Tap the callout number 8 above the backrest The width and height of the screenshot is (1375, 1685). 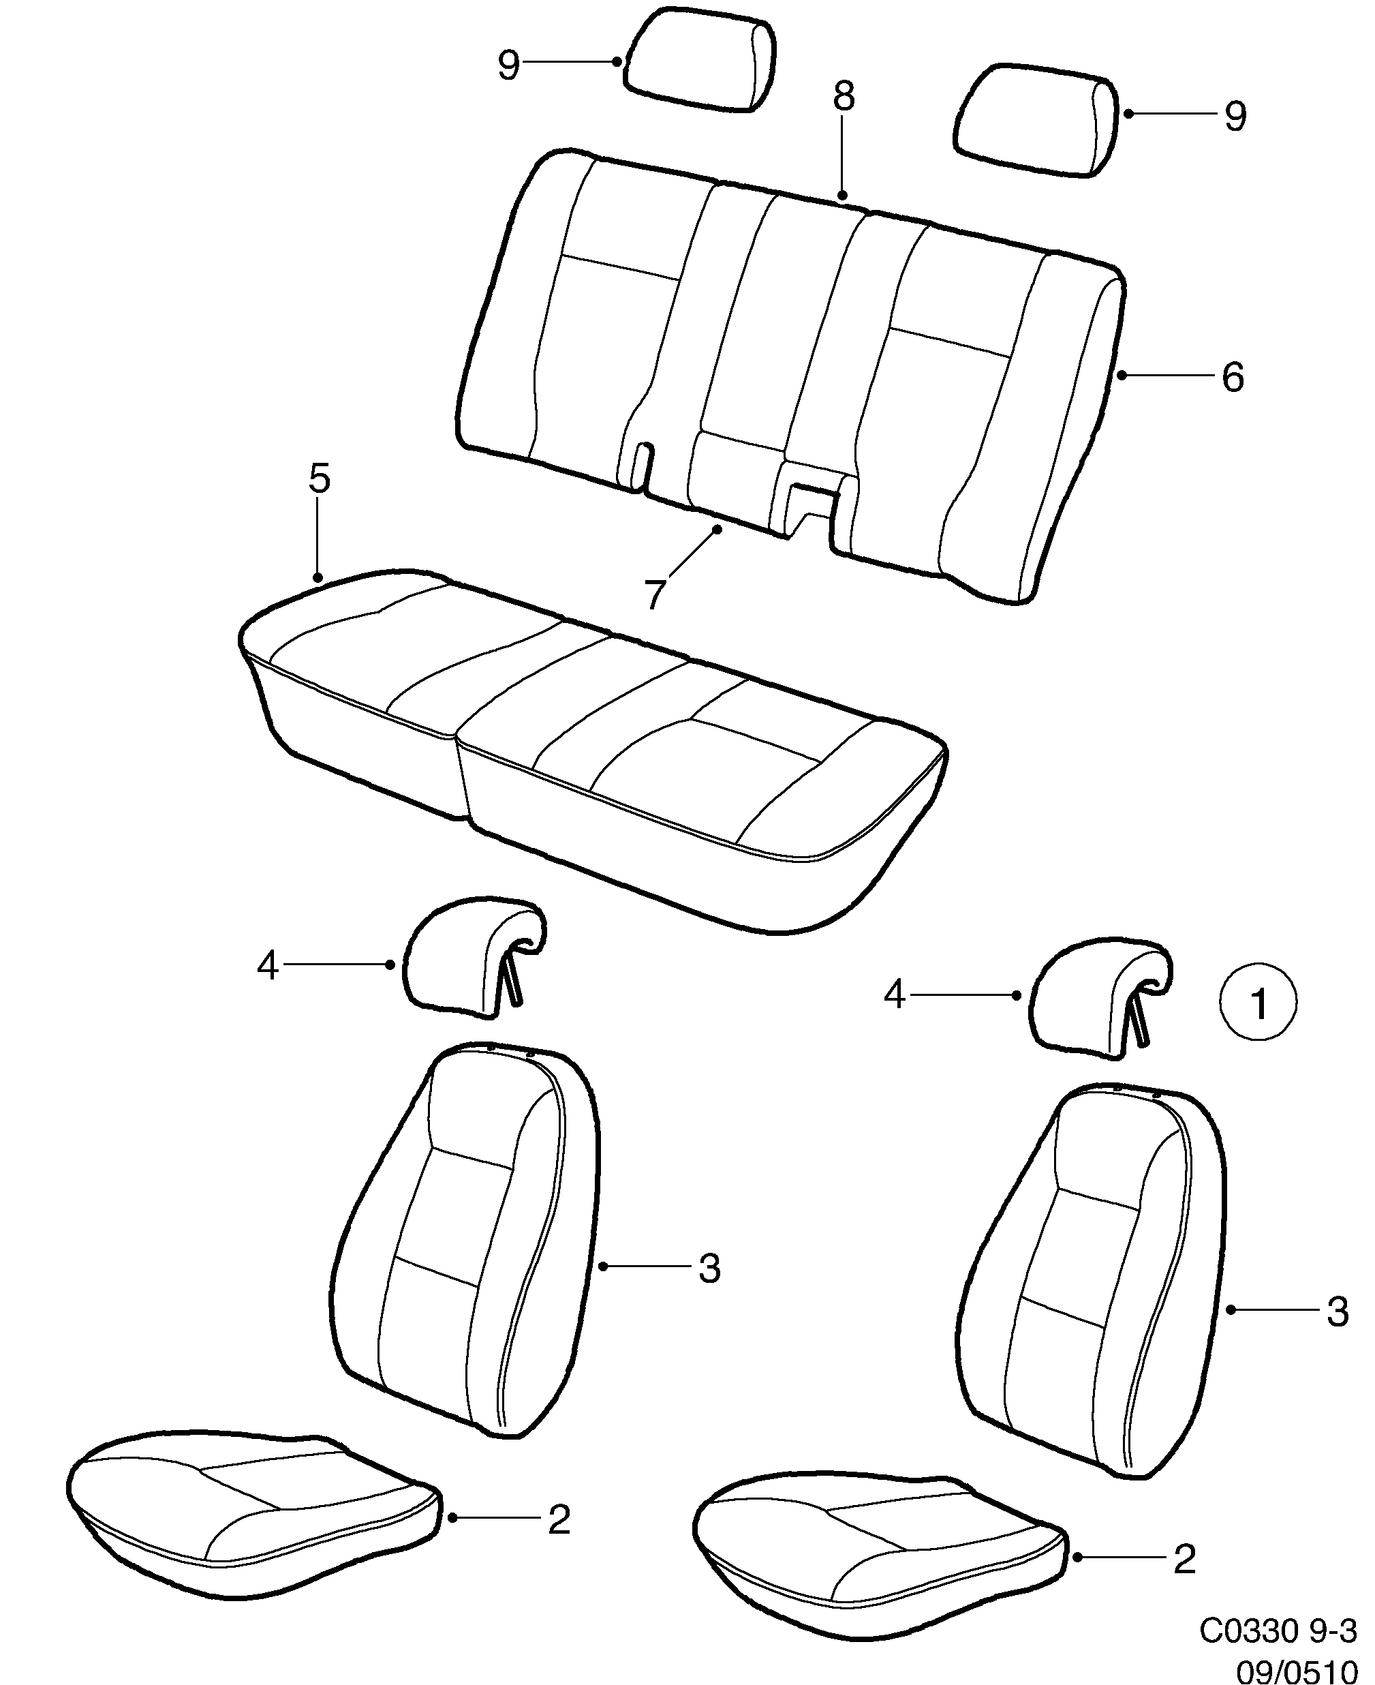tap(844, 97)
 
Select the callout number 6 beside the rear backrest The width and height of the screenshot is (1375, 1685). tap(1233, 377)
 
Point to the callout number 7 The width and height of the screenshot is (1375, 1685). tap(653, 595)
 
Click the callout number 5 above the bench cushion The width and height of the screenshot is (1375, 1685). tap(318, 479)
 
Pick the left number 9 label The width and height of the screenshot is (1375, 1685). tap(508, 65)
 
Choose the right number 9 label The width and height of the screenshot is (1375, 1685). tap(1235, 117)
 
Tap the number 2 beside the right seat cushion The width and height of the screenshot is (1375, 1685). tap(1184, 1559)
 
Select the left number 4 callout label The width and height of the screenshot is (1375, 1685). tap(268, 966)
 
